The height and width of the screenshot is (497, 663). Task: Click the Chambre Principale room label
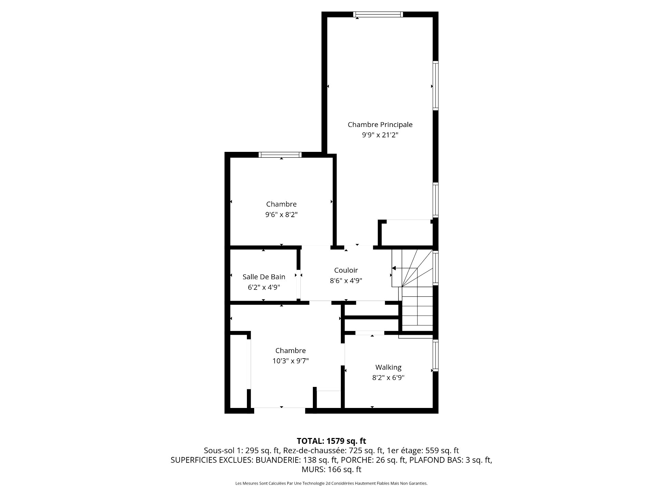pyautogui.click(x=380, y=125)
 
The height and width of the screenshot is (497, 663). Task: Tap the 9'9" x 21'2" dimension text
pyautogui.click(x=380, y=135)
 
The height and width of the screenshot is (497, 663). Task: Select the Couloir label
pyautogui.click(x=346, y=270)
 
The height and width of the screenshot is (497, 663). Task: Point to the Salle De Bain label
pyautogui.click(x=264, y=277)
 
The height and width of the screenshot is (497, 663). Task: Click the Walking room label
pyautogui.click(x=388, y=367)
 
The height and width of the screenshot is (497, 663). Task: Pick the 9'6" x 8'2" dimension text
pyautogui.click(x=281, y=215)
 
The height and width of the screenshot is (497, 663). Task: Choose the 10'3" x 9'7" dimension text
pyautogui.click(x=290, y=361)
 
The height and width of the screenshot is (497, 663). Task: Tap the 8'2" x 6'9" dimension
pyautogui.click(x=388, y=378)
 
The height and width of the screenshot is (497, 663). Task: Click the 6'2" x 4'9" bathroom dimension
pyautogui.click(x=264, y=287)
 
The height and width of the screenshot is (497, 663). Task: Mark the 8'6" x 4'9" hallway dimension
pyautogui.click(x=346, y=281)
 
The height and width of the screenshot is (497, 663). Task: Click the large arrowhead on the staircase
pyautogui.click(x=394, y=268)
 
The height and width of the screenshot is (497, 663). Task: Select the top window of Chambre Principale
pyautogui.click(x=378, y=14)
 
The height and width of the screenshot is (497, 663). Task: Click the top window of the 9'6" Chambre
pyautogui.click(x=280, y=155)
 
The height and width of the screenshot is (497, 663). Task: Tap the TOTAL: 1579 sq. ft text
pyautogui.click(x=331, y=441)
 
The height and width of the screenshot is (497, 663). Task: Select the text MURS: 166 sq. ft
pyautogui.click(x=331, y=469)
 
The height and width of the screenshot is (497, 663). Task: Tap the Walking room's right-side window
pyautogui.click(x=436, y=355)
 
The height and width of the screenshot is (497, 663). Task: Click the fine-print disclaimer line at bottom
pyautogui.click(x=331, y=484)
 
